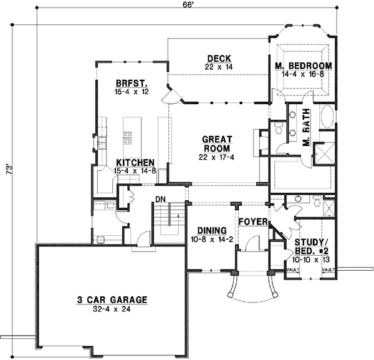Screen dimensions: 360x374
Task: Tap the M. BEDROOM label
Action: tap(303, 66)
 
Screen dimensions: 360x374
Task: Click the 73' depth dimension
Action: tap(8, 176)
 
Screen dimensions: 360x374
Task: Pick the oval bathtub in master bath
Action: tap(328, 120)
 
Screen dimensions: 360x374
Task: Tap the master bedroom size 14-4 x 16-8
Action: tap(303, 74)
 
